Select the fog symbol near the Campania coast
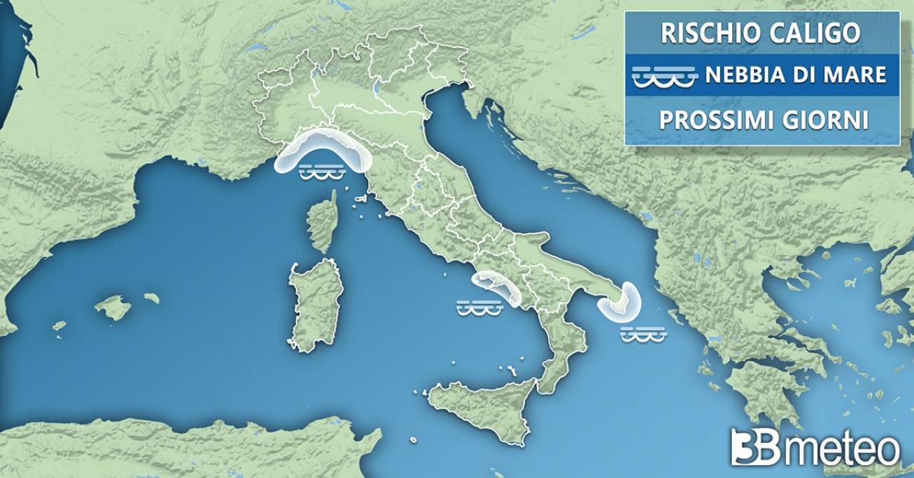click(480, 307)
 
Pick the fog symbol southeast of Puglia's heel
click(643, 334)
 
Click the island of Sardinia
click(313, 304)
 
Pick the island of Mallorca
click(114, 308)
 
